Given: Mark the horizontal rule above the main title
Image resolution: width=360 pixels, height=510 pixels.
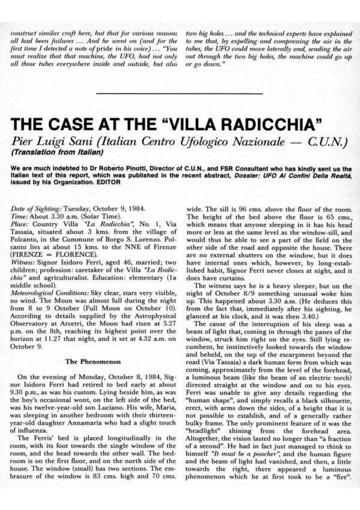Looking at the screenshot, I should [x=179, y=94].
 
